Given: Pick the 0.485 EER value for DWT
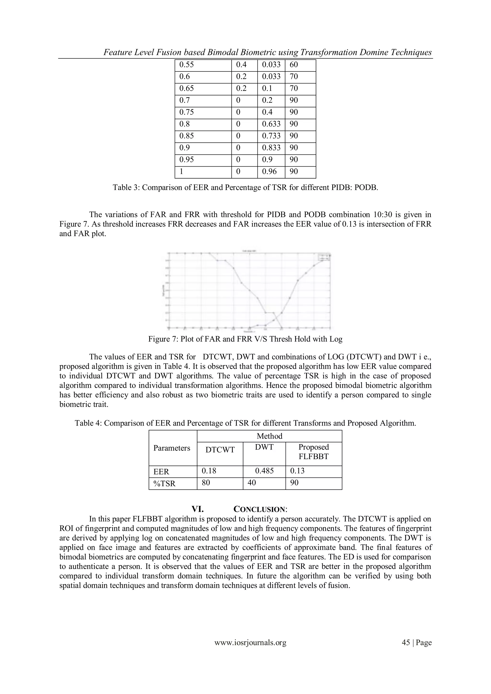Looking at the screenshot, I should (264, 471).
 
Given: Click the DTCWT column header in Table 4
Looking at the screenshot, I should (220, 450).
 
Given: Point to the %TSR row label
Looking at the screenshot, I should (164, 484).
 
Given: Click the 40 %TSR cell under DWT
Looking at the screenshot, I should (251, 483).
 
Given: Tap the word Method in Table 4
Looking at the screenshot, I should (269, 436).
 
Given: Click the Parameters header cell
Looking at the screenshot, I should (172, 448).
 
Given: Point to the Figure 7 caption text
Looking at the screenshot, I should (245, 339).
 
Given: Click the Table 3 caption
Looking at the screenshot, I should (245, 188).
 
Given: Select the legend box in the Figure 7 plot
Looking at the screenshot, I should (324, 257).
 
